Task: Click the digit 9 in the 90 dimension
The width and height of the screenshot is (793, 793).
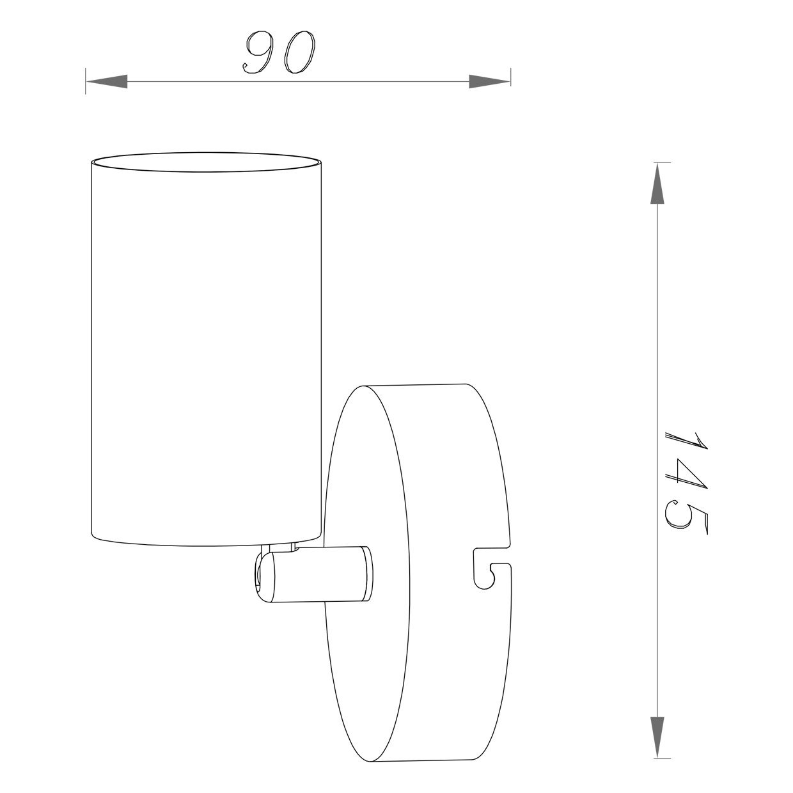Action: click(x=258, y=52)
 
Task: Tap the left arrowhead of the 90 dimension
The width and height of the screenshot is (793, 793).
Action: click(x=107, y=81)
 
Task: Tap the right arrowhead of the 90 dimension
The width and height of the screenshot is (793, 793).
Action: click(x=489, y=81)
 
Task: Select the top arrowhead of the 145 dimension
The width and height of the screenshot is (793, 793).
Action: click(x=657, y=183)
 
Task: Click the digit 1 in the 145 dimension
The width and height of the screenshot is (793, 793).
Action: click(x=686, y=444)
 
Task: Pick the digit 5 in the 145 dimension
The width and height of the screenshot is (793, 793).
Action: click(x=686, y=517)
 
